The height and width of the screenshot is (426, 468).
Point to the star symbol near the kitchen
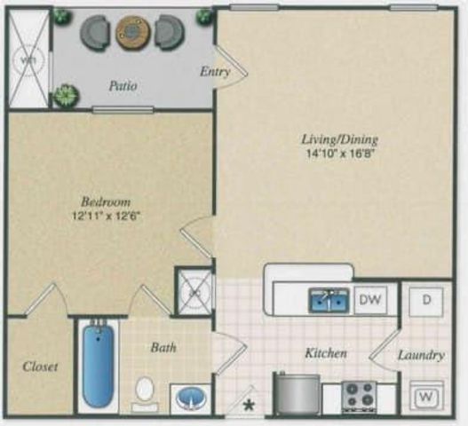click(250, 406)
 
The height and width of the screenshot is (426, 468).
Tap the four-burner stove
click(360, 395)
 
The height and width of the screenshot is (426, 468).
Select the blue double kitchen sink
click(329, 301)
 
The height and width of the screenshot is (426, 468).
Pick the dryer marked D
click(426, 300)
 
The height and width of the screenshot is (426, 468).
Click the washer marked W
click(425, 393)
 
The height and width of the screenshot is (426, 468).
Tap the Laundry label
click(420, 355)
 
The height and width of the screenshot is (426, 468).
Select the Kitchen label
click(325, 353)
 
